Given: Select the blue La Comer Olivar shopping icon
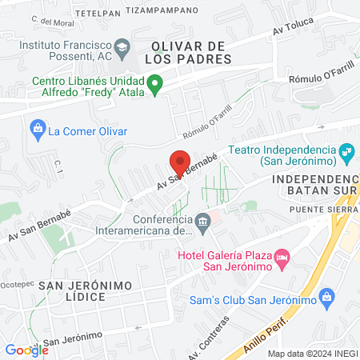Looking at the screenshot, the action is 38,128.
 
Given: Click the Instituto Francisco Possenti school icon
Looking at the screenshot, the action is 122,46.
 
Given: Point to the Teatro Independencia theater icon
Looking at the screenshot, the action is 346,150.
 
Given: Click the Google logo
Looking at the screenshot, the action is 26,350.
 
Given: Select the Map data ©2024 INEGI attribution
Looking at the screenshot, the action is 311,354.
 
